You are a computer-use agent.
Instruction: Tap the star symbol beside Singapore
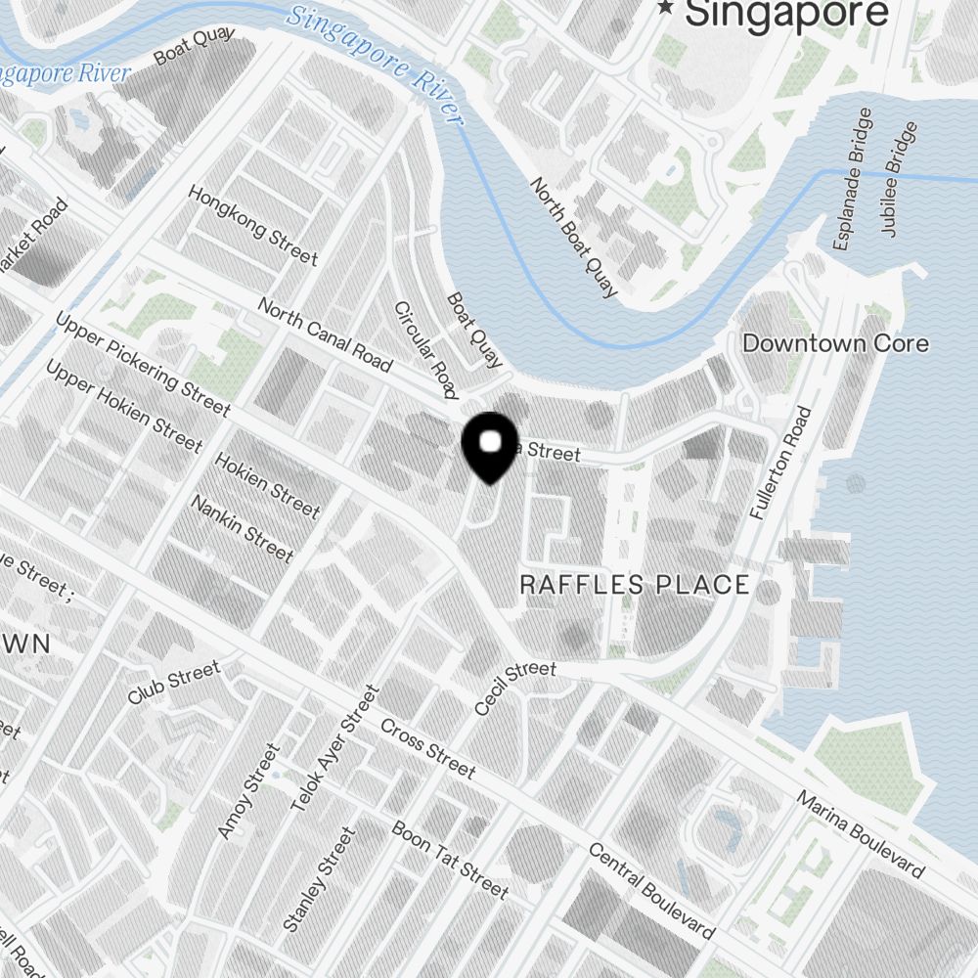pos(667,9)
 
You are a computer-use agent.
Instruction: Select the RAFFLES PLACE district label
pos(635,585)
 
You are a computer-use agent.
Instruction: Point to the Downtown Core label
pos(835,343)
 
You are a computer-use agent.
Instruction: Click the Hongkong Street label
pos(253,226)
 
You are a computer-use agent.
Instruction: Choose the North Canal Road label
pos(325,334)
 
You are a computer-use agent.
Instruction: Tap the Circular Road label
pos(425,350)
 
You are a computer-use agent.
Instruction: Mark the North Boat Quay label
pos(574,237)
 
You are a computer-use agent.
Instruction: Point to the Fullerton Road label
pos(780,462)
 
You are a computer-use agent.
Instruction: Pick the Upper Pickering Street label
pos(143,364)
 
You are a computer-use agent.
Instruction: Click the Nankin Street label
pos(242,528)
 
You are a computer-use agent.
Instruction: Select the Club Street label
pos(174,683)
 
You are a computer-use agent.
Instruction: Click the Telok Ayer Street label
pos(334,749)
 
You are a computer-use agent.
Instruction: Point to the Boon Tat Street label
pos(450,860)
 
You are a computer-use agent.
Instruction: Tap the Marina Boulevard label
pos(861,833)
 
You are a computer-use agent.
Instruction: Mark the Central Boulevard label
pos(650,890)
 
